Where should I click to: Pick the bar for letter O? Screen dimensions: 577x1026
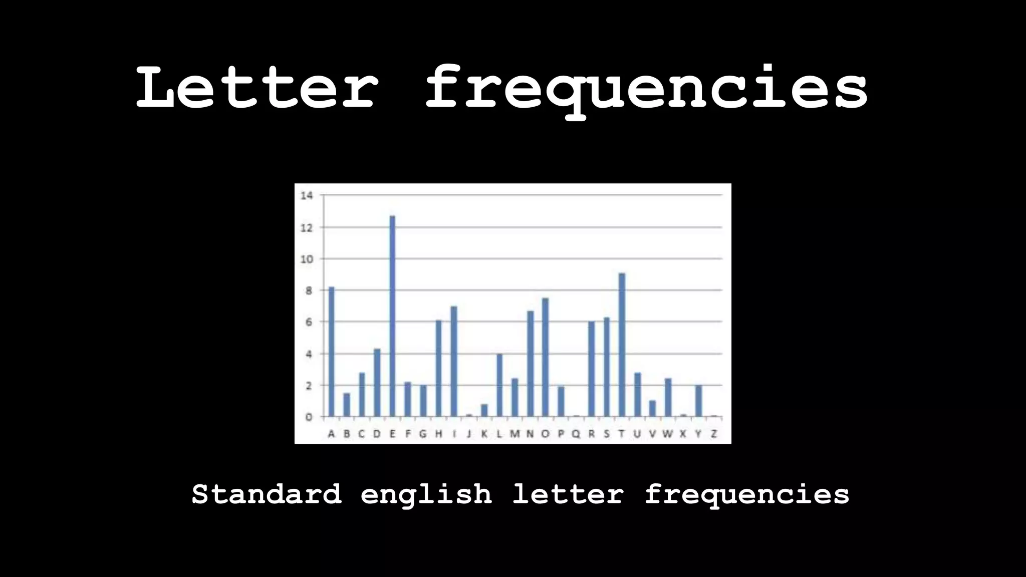[545, 357]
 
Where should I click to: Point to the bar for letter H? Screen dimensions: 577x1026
[438, 368]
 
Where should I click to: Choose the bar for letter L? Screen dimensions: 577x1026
[499, 385]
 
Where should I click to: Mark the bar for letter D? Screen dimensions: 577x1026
[377, 382]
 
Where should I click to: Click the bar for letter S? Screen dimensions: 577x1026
[607, 367]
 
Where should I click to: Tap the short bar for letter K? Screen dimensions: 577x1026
[484, 410]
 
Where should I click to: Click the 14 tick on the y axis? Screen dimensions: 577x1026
[307, 195]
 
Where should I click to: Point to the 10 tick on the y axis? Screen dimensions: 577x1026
[307, 259]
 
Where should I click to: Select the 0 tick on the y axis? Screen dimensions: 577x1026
[309, 417]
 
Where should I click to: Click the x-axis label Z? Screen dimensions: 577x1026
[714, 434]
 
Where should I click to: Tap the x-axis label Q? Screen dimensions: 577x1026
[576, 434]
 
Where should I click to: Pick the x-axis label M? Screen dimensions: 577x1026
[515, 434]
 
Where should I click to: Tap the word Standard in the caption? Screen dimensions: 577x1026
[267, 494]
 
